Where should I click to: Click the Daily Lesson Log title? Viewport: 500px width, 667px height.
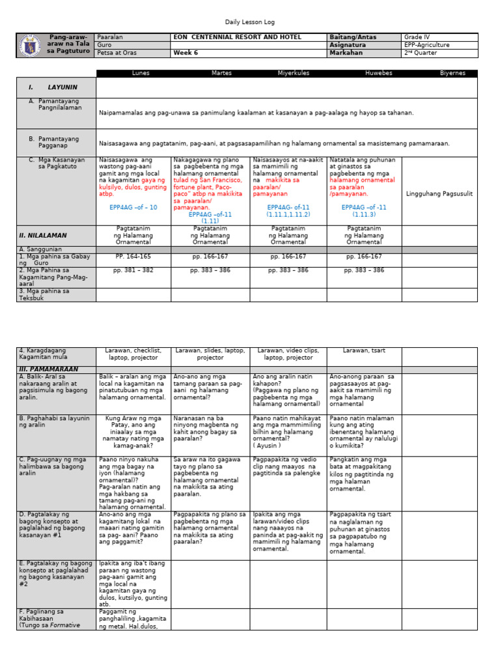[x=250, y=22]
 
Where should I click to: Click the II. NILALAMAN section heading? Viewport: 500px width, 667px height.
[x=43, y=235]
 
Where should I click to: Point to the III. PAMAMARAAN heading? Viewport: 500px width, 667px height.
[x=45, y=369]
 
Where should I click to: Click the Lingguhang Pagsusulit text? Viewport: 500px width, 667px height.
[x=439, y=194]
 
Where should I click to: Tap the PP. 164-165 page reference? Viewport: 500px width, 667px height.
[x=133, y=257]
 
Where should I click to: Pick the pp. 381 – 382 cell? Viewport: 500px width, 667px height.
[x=133, y=270]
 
